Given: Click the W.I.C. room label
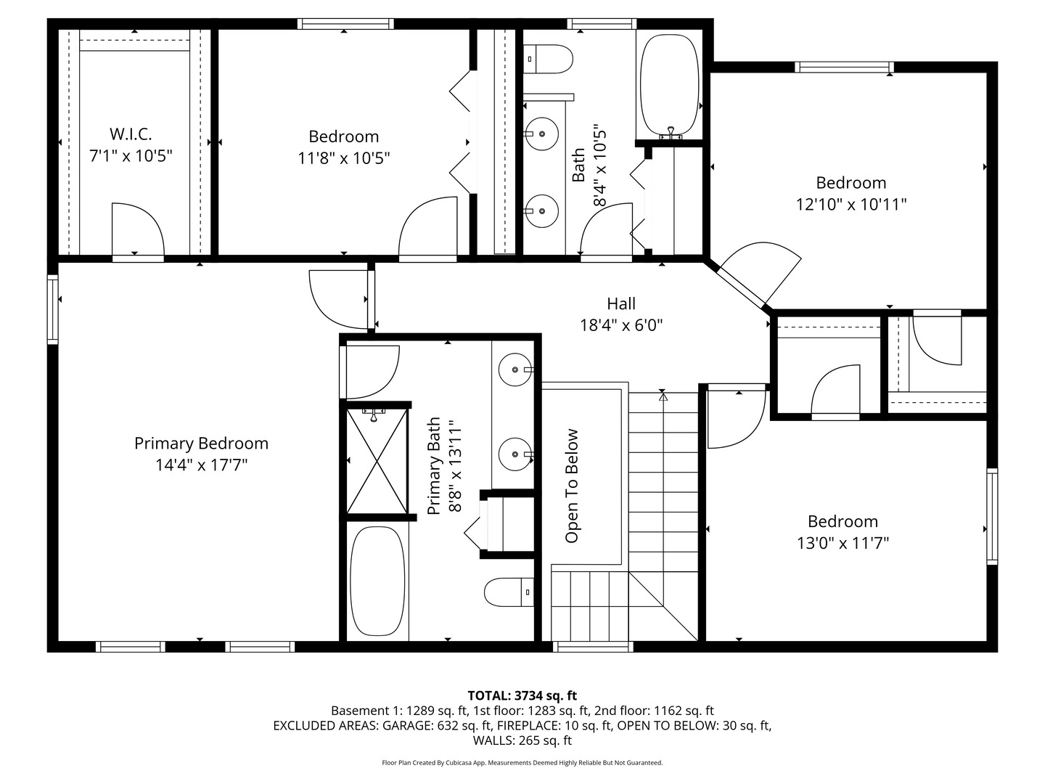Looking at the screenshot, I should click(131, 134).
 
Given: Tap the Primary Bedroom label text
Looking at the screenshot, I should click(201, 444).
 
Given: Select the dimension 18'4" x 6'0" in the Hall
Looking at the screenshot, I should click(621, 325).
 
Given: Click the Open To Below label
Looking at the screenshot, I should click(572, 486).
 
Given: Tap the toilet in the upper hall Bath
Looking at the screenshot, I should click(550, 59).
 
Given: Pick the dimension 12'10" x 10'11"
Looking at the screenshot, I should click(851, 205).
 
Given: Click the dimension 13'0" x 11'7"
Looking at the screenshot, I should click(843, 543).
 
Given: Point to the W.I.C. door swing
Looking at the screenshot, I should click(138, 228).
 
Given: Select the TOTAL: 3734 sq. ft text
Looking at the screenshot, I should click(522, 696).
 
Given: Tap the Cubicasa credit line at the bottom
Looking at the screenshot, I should click(522, 763).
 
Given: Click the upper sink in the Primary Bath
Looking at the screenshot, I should click(515, 369).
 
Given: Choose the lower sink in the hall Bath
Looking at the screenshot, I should click(541, 211).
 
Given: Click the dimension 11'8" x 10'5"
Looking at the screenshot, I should click(344, 158).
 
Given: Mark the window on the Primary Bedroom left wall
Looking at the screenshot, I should click(52, 309).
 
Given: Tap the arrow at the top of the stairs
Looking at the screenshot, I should click(663, 396).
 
